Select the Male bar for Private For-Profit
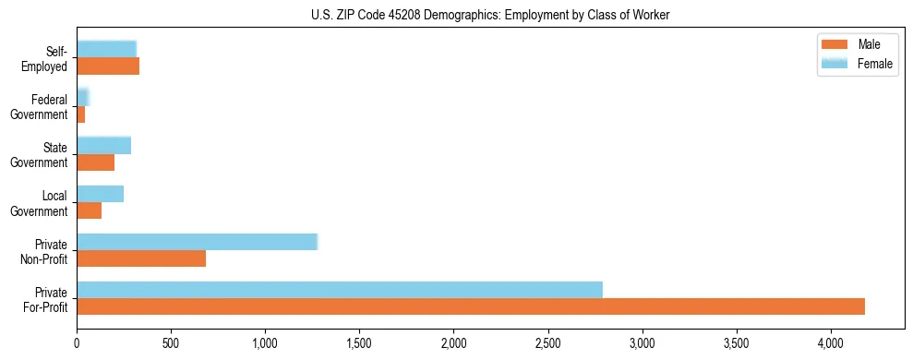click(471, 306)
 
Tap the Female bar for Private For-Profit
click(340, 290)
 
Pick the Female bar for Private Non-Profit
click(197, 242)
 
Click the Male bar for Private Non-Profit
click(141, 258)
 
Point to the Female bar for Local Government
click(100, 194)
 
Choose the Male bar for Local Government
click(89, 210)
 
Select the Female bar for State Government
click(103, 145)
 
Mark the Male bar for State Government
click(95, 162)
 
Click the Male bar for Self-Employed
click(108, 66)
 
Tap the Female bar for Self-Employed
click(106, 49)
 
